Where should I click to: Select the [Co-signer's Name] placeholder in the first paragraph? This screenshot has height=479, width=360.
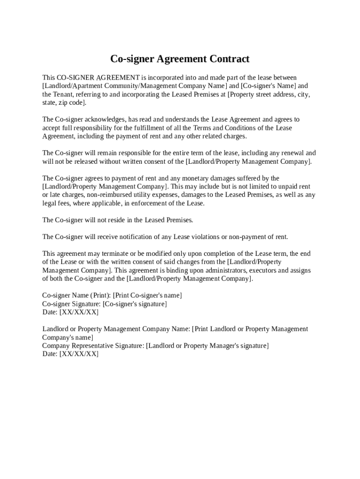[268, 86]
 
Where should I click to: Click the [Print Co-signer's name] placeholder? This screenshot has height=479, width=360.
[147, 296]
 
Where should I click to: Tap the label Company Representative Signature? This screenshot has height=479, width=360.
[93, 346]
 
